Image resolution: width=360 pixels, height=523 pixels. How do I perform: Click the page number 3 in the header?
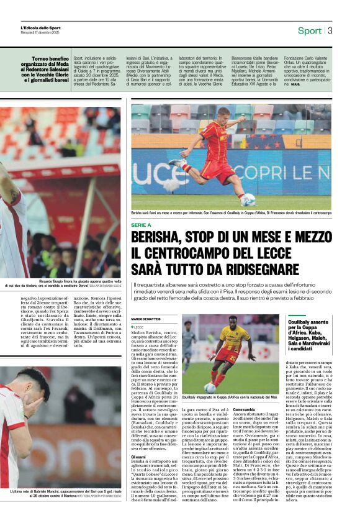(330, 30)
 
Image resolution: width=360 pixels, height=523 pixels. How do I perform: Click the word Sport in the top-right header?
(309, 30)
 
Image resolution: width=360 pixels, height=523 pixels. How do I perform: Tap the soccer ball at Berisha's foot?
(248, 199)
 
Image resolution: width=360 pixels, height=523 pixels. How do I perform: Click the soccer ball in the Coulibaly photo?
(210, 387)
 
